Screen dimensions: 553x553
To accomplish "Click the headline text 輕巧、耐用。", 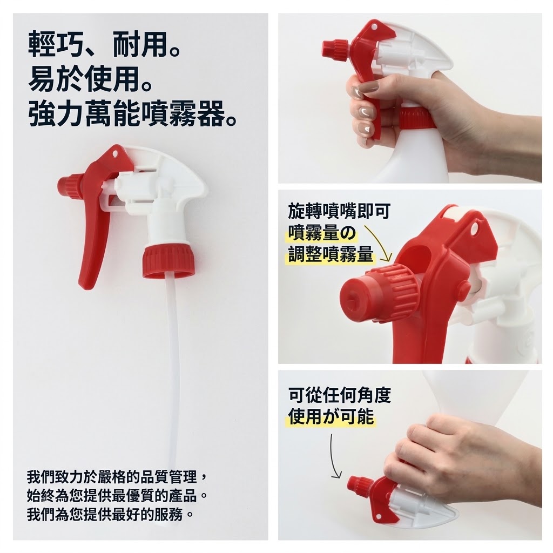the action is pos(104,44).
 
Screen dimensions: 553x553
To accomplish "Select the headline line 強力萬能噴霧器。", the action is pos(132,113).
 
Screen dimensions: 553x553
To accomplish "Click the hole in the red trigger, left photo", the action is pos(115,154).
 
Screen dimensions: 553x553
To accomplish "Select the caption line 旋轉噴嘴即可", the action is pos(339,211).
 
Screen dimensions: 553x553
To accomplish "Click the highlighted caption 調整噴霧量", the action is pos(331,254).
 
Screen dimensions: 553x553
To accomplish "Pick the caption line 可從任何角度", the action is pos(340,395).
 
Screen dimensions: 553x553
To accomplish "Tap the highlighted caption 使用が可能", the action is pos(331,416).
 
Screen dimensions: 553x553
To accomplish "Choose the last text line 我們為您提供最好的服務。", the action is pos(110,515).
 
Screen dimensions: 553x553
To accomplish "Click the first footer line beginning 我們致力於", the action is pos(117,477).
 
